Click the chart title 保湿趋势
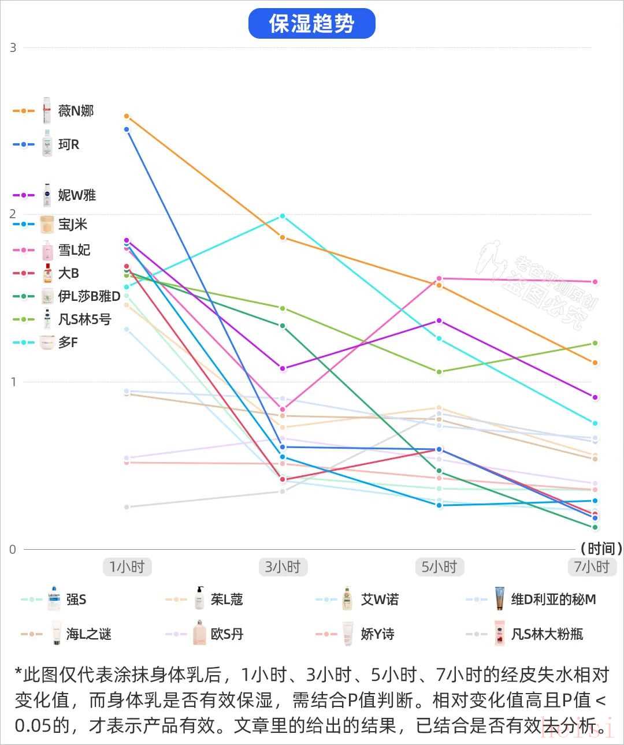click(x=311, y=24)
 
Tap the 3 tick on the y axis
click(x=13, y=48)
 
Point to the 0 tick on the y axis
click(x=13, y=549)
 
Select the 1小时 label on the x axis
click(x=127, y=567)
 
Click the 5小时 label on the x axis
click(x=439, y=567)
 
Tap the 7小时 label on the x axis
click(x=592, y=567)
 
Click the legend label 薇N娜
click(x=76, y=111)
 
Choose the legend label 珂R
click(x=69, y=144)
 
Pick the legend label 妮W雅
click(x=77, y=195)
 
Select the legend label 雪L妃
click(x=75, y=250)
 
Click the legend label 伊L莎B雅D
click(x=90, y=296)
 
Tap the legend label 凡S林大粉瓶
click(x=547, y=634)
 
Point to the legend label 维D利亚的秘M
click(x=554, y=599)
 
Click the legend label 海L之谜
click(x=88, y=634)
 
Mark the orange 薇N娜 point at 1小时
click(x=127, y=117)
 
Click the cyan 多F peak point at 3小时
click(x=283, y=217)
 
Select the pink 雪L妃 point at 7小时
click(x=595, y=282)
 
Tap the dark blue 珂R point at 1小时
click(x=127, y=129)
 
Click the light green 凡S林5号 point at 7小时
click(x=595, y=344)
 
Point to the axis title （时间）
click(x=601, y=548)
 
